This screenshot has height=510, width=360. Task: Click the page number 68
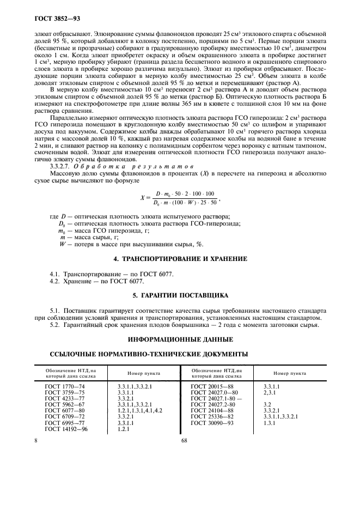pyautogui.click(x=184, y=441)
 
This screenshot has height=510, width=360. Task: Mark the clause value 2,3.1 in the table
pyautogui.click(x=270, y=393)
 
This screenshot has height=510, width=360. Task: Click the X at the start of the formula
pyautogui.click(x=142, y=198)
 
